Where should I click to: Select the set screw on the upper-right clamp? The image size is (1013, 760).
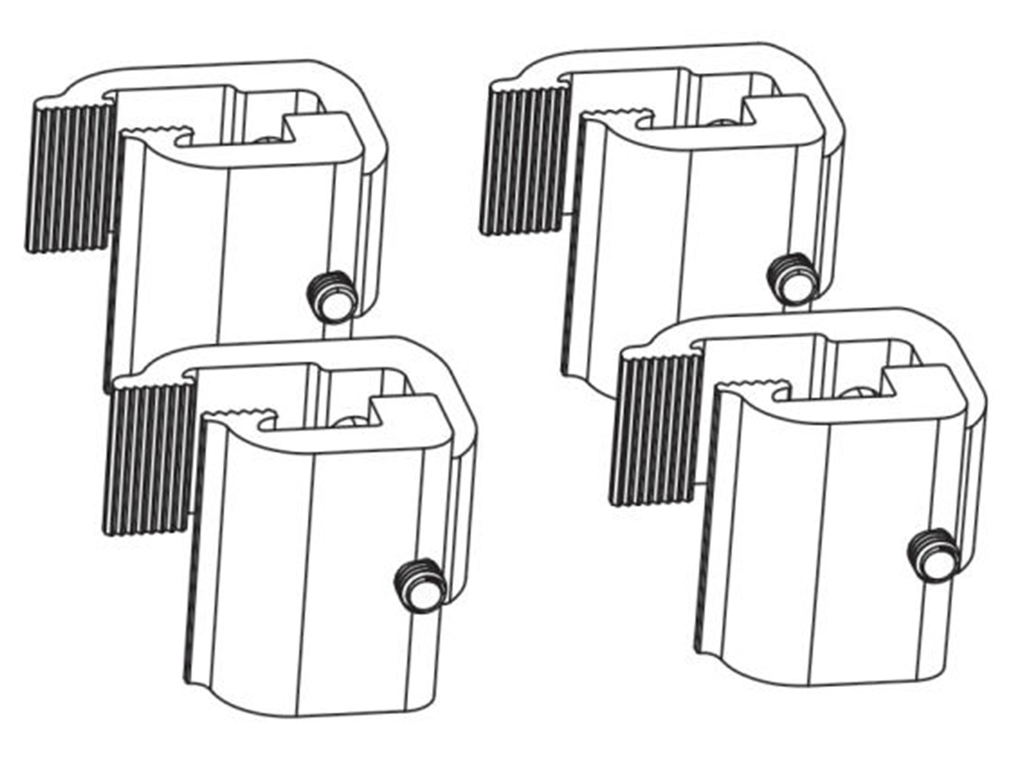pos(791,280)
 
